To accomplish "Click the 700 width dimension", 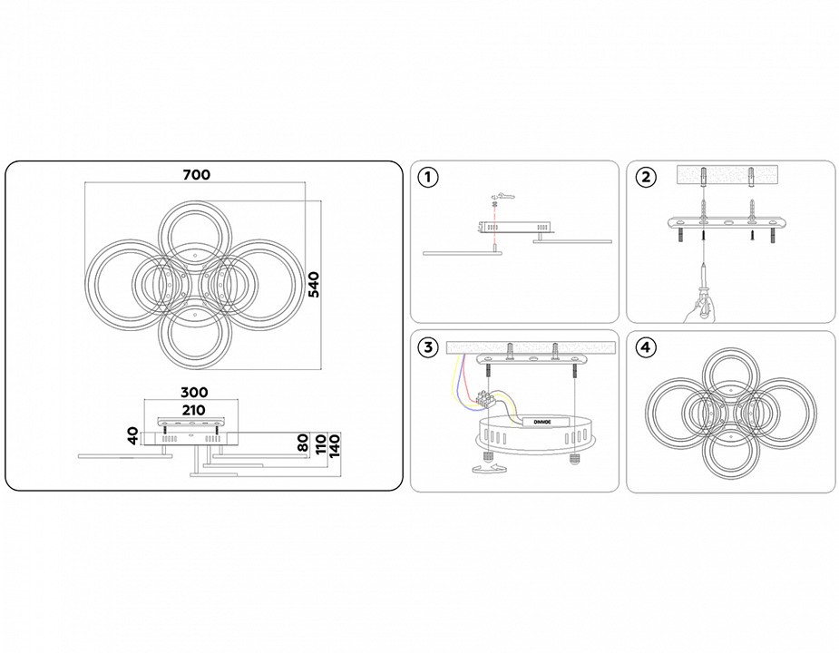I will pos(195,174).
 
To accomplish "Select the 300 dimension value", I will pos(193,393).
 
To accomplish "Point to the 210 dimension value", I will pos(193,410).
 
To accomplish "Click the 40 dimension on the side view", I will pos(132,435).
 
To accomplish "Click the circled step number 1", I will pos(428,177).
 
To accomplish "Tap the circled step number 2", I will pos(645,177).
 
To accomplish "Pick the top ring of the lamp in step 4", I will pos(729,377).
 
